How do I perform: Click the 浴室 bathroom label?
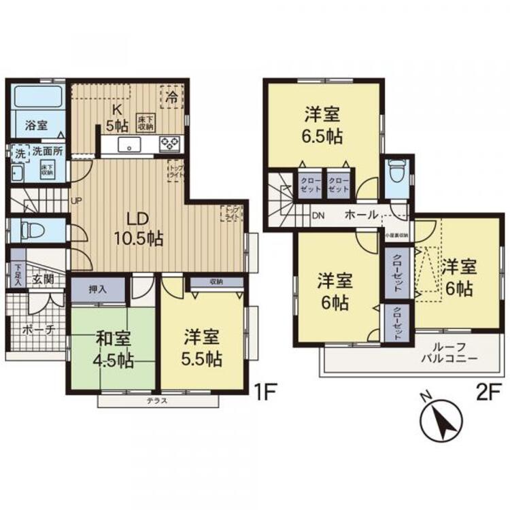pyautogui.click(x=36, y=125)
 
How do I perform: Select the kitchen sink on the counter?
pyautogui.click(x=129, y=144)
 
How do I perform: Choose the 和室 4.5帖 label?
pyautogui.click(x=112, y=347)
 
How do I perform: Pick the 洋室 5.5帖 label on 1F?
pyautogui.click(x=203, y=347)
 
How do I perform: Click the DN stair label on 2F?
pyautogui.click(x=318, y=216)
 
